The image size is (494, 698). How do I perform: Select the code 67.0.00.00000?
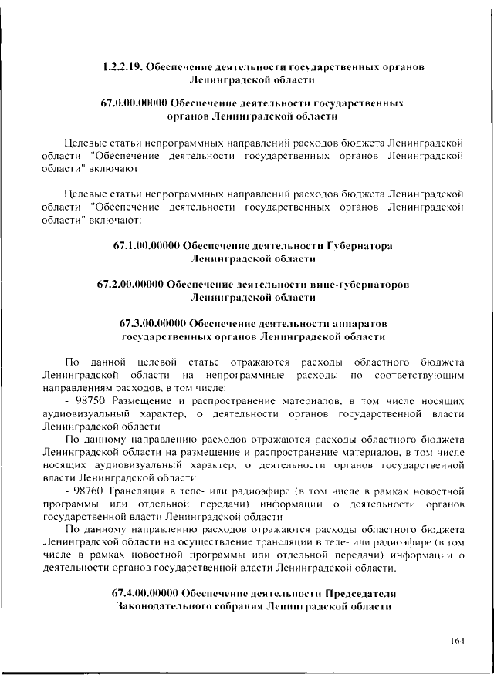(134, 103)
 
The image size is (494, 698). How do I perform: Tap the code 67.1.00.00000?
(145, 245)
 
